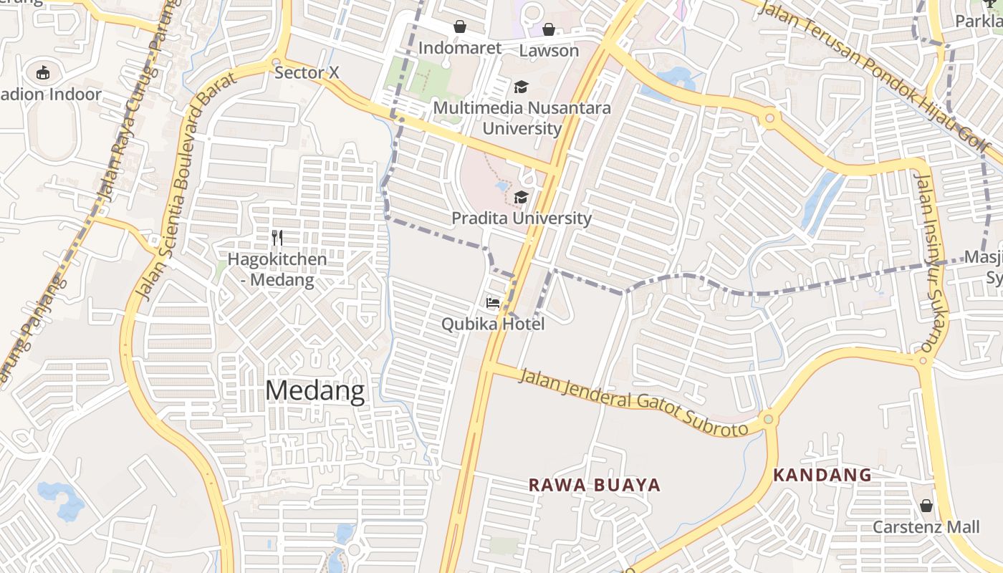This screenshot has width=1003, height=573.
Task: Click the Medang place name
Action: [x=315, y=391]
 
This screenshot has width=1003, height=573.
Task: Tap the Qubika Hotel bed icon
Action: [x=493, y=302]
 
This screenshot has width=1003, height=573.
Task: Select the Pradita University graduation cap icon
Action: [x=521, y=197]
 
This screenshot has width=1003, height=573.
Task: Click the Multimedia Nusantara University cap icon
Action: [x=521, y=87]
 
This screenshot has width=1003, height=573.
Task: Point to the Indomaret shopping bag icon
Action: [x=460, y=27]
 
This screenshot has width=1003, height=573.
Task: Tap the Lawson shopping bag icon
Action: [x=549, y=29]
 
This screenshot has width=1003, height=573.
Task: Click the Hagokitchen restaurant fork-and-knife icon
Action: [x=277, y=238]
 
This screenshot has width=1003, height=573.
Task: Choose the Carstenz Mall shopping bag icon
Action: [x=926, y=506]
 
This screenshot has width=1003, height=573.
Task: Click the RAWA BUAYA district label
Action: [x=595, y=485]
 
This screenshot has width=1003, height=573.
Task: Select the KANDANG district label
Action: [x=822, y=475]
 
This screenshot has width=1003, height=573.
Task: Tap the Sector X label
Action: [x=307, y=72]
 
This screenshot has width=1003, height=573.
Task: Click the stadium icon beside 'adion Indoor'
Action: [x=43, y=72]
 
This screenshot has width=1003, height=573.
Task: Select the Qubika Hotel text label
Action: [x=493, y=324]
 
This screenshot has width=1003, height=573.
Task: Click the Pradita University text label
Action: [x=522, y=218]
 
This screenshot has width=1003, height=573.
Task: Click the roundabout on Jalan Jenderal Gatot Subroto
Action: [x=768, y=419]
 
